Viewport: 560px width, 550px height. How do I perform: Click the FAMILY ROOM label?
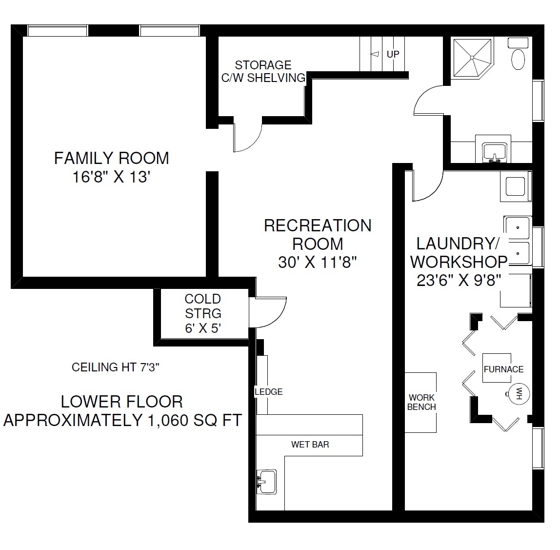coord(111,158)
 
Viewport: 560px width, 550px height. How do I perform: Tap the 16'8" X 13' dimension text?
coord(111,177)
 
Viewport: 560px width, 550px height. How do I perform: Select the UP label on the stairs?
coord(393,54)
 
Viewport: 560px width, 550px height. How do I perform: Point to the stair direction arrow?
coord(375,54)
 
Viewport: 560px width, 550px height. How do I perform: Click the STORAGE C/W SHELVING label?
coord(263,71)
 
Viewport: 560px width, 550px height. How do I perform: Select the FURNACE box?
coord(497,368)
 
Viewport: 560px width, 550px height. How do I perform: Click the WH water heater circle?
coord(519,394)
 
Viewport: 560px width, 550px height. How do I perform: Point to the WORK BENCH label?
coord(421,402)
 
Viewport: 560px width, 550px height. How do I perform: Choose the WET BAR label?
coord(310,444)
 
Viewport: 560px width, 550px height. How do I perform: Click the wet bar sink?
coord(267,481)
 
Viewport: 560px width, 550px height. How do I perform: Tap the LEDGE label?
coord(269,392)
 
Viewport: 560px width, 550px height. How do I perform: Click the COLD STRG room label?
coord(203,306)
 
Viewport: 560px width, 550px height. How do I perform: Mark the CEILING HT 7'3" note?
coord(115,367)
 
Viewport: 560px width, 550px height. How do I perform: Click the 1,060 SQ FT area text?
coord(195,420)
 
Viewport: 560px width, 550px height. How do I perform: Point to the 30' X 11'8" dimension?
coord(318,263)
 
